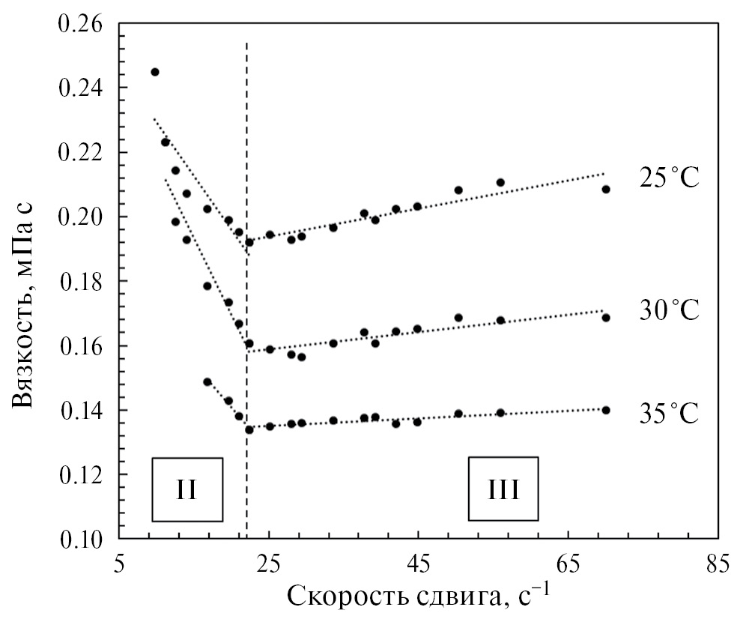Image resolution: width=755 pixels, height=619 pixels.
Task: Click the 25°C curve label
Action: tap(668, 178)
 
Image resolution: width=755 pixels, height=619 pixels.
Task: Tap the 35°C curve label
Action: tap(668, 413)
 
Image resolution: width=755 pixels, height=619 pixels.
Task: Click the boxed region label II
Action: tap(187, 489)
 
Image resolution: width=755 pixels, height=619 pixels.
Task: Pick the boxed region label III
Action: tap(503, 489)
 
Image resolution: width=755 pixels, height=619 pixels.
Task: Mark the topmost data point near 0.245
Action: tap(155, 72)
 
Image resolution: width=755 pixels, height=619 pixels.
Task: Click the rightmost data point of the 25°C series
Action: tap(606, 190)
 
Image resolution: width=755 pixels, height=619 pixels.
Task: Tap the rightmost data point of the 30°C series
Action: tap(606, 318)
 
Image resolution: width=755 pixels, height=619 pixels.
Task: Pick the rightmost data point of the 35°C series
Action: tap(606, 410)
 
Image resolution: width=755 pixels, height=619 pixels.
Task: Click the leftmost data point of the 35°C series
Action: tap(207, 381)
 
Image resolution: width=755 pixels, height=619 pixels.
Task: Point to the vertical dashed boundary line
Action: tap(246, 300)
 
